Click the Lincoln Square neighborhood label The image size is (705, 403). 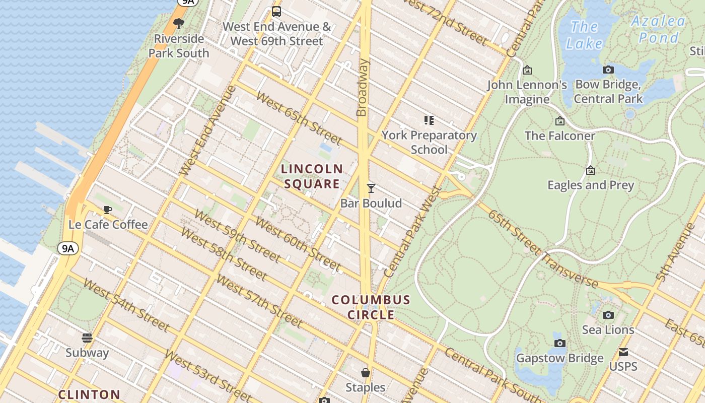(x=312, y=176)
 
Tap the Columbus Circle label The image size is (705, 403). (x=371, y=307)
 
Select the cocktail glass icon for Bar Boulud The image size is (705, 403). (x=371, y=188)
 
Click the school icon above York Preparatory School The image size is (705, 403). (x=429, y=120)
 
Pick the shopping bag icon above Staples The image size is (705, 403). (x=366, y=373)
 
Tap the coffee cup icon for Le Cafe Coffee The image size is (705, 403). (x=107, y=210)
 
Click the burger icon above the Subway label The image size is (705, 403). (x=87, y=338)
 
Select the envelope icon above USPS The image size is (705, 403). (x=623, y=352)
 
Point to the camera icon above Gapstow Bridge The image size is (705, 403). (x=559, y=344)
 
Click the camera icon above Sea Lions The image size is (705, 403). (x=608, y=315)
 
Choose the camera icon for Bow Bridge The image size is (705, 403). (x=608, y=70)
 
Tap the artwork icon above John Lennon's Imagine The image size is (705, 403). (x=527, y=70)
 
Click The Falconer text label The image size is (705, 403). (x=559, y=136)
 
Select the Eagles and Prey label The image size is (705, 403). (x=591, y=185)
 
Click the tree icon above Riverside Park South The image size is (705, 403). (x=178, y=23)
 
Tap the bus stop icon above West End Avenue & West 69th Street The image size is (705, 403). (x=276, y=11)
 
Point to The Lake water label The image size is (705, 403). (x=584, y=35)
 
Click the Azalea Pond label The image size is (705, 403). (x=659, y=29)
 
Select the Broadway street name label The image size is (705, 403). (x=363, y=88)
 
